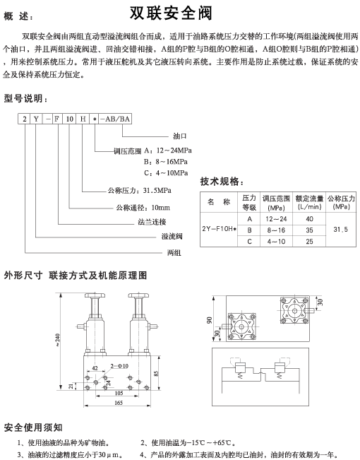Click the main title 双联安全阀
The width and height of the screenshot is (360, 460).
pyautogui.click(x=171, y=13)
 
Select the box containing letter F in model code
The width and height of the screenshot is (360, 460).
pyautogui.click(x=57, y=119)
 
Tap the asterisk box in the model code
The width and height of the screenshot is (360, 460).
pyautogui.click(x=95, y=119)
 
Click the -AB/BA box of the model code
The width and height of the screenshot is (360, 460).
pyautogui.click(x=115, y=119)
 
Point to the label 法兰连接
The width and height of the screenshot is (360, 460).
pyautogui.click(x=152, y=222)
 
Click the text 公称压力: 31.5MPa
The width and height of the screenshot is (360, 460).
pyautogui.click(x=140, y=190)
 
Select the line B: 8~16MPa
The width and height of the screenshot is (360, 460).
pyautogui.click(x=166, y=162)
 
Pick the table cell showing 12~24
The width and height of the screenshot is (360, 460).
pyautogui.click(x=276, y=219)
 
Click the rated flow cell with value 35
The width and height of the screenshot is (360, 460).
pyautogui.click(x=309, y=230)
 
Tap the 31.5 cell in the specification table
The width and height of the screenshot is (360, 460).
pyautogui.click(x=341, y=230)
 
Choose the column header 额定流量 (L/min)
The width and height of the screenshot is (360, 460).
pyautogui.click(x=309, y=202)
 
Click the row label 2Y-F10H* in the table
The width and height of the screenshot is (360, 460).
pyautogui.click(x=219, y=229)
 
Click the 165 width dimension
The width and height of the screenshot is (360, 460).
pyautogui.click(x=119, y=403)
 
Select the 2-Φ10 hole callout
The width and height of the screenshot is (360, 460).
pyautogui.click(x=119, y=366)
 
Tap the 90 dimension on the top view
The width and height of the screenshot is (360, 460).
pyautogui.click(x=210, y=320)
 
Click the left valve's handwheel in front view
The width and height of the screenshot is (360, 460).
pyautogui.click(x=95, y=295)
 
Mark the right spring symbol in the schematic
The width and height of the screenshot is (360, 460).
pyautogui.click(x=280, y=375)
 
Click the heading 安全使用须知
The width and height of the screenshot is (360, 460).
pyautogui.click(x=33, y=427)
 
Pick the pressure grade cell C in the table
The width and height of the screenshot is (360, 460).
pyautogui.click(x=249, y=242)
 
